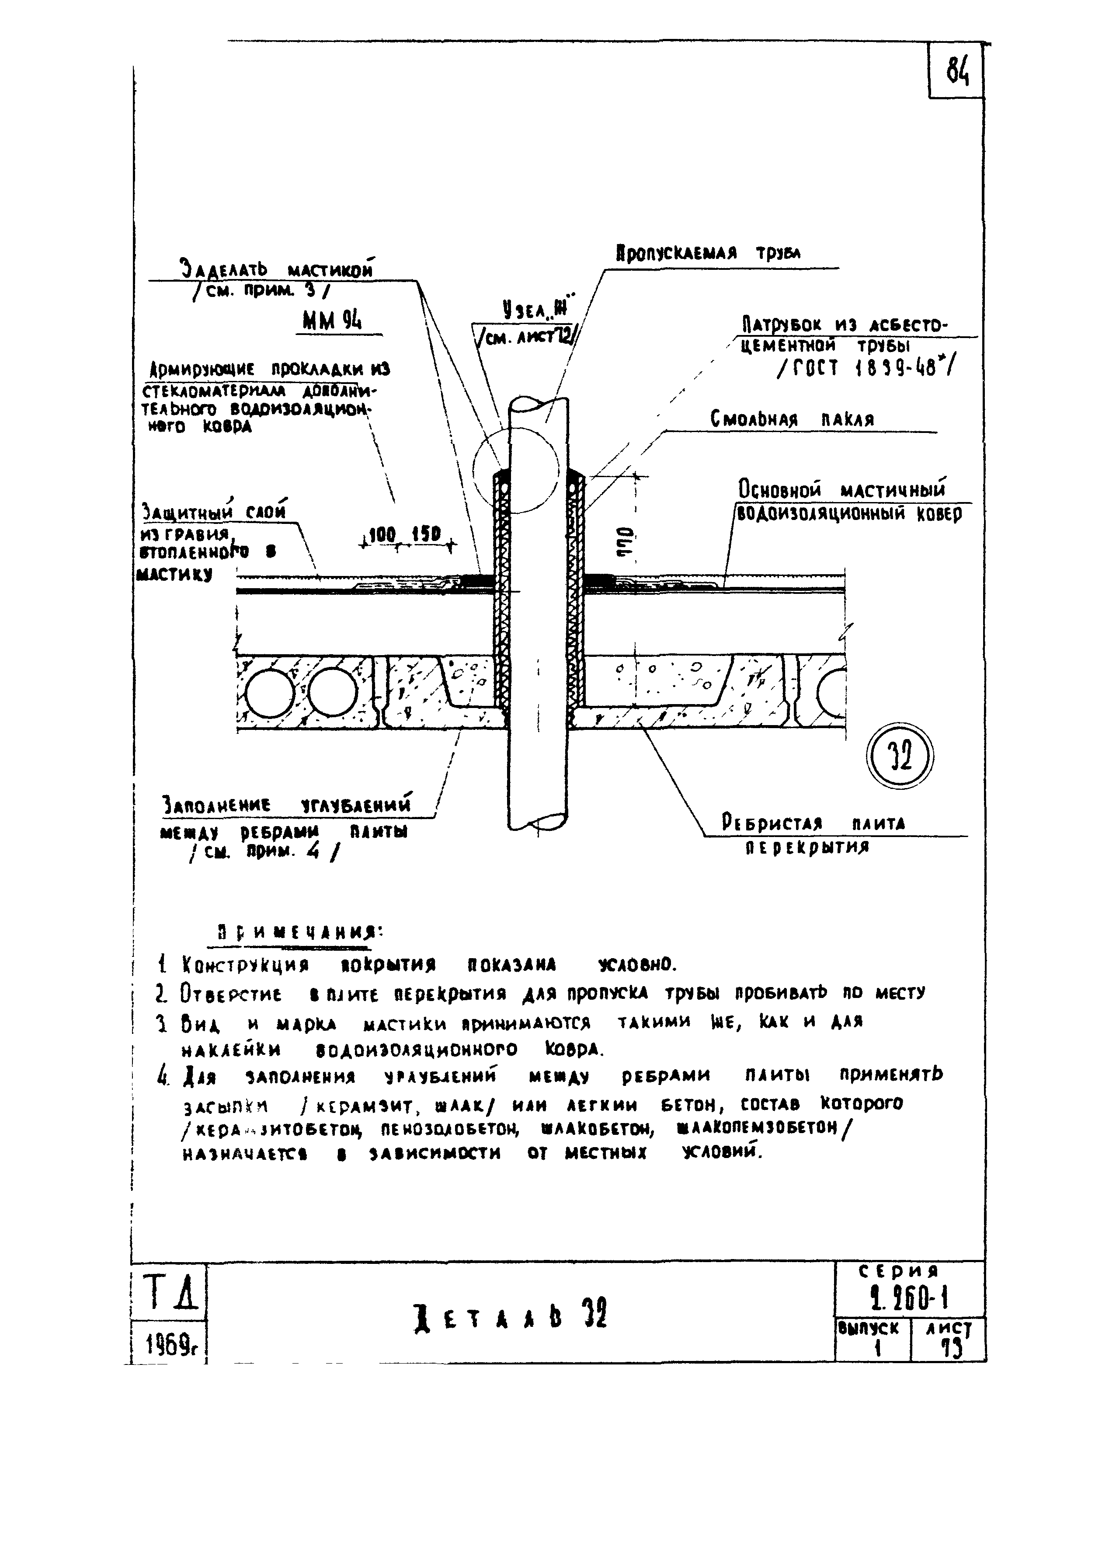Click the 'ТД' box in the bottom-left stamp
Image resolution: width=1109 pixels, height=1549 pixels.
click(x=168, y=1292)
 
